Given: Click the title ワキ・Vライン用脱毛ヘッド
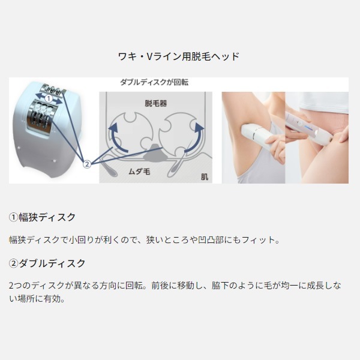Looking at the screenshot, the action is [x=178, y=56].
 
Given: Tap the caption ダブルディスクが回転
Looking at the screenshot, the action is [x=154, y=82].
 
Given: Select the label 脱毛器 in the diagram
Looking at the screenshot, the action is [x=155, y=103].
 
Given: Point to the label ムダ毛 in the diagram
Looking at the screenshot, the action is [x=139, y=172].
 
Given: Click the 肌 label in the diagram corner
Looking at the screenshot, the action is [x=205, y=177].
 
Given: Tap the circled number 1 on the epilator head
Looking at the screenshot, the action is [x=49, y=99].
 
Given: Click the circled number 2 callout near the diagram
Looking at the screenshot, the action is [x=87, y=164].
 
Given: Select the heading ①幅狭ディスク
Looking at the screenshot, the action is [x=42, y=217].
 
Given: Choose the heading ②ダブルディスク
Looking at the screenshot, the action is [x=47, y=263].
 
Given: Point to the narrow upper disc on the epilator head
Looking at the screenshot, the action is [x=53, y=89].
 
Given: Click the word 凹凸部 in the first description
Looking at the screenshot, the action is [x=211, y=240].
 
